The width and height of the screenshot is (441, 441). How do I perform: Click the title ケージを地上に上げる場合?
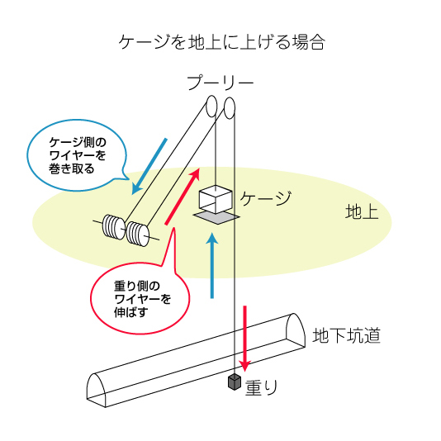tap(221, 43)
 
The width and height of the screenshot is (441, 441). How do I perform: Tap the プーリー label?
tap(220, 83)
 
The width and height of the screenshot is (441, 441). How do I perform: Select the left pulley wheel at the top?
tap(211, 106)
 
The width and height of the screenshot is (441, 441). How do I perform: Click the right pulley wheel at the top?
tap(230, 108)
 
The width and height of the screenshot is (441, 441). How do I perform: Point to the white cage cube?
tap(216, 199)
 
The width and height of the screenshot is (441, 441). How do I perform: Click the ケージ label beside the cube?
tap(265, 197)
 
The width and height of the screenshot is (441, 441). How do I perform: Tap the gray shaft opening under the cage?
tap(216, 217)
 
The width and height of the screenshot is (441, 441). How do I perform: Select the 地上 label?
tap(362, 211)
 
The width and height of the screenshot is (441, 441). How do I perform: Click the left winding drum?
tap(114, 227)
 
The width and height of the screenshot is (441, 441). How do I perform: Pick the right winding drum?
tap(138, 234)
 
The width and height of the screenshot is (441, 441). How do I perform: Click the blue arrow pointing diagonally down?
tap(149, 166)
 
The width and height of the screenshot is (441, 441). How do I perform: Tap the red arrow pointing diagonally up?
tap(183, 197)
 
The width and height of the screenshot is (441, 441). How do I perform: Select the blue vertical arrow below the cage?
tap(212, 265)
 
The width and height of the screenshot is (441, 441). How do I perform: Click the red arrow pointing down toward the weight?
tap(245, 339)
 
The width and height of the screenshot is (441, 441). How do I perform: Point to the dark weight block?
tap(235, 382)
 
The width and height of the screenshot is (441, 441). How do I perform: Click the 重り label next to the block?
tap(261, 387)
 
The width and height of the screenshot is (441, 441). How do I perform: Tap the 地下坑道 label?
tap(346, 335)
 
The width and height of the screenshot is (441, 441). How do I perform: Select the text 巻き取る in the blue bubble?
tap(72, 168)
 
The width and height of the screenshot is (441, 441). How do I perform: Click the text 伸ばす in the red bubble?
tap(131, 312)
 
